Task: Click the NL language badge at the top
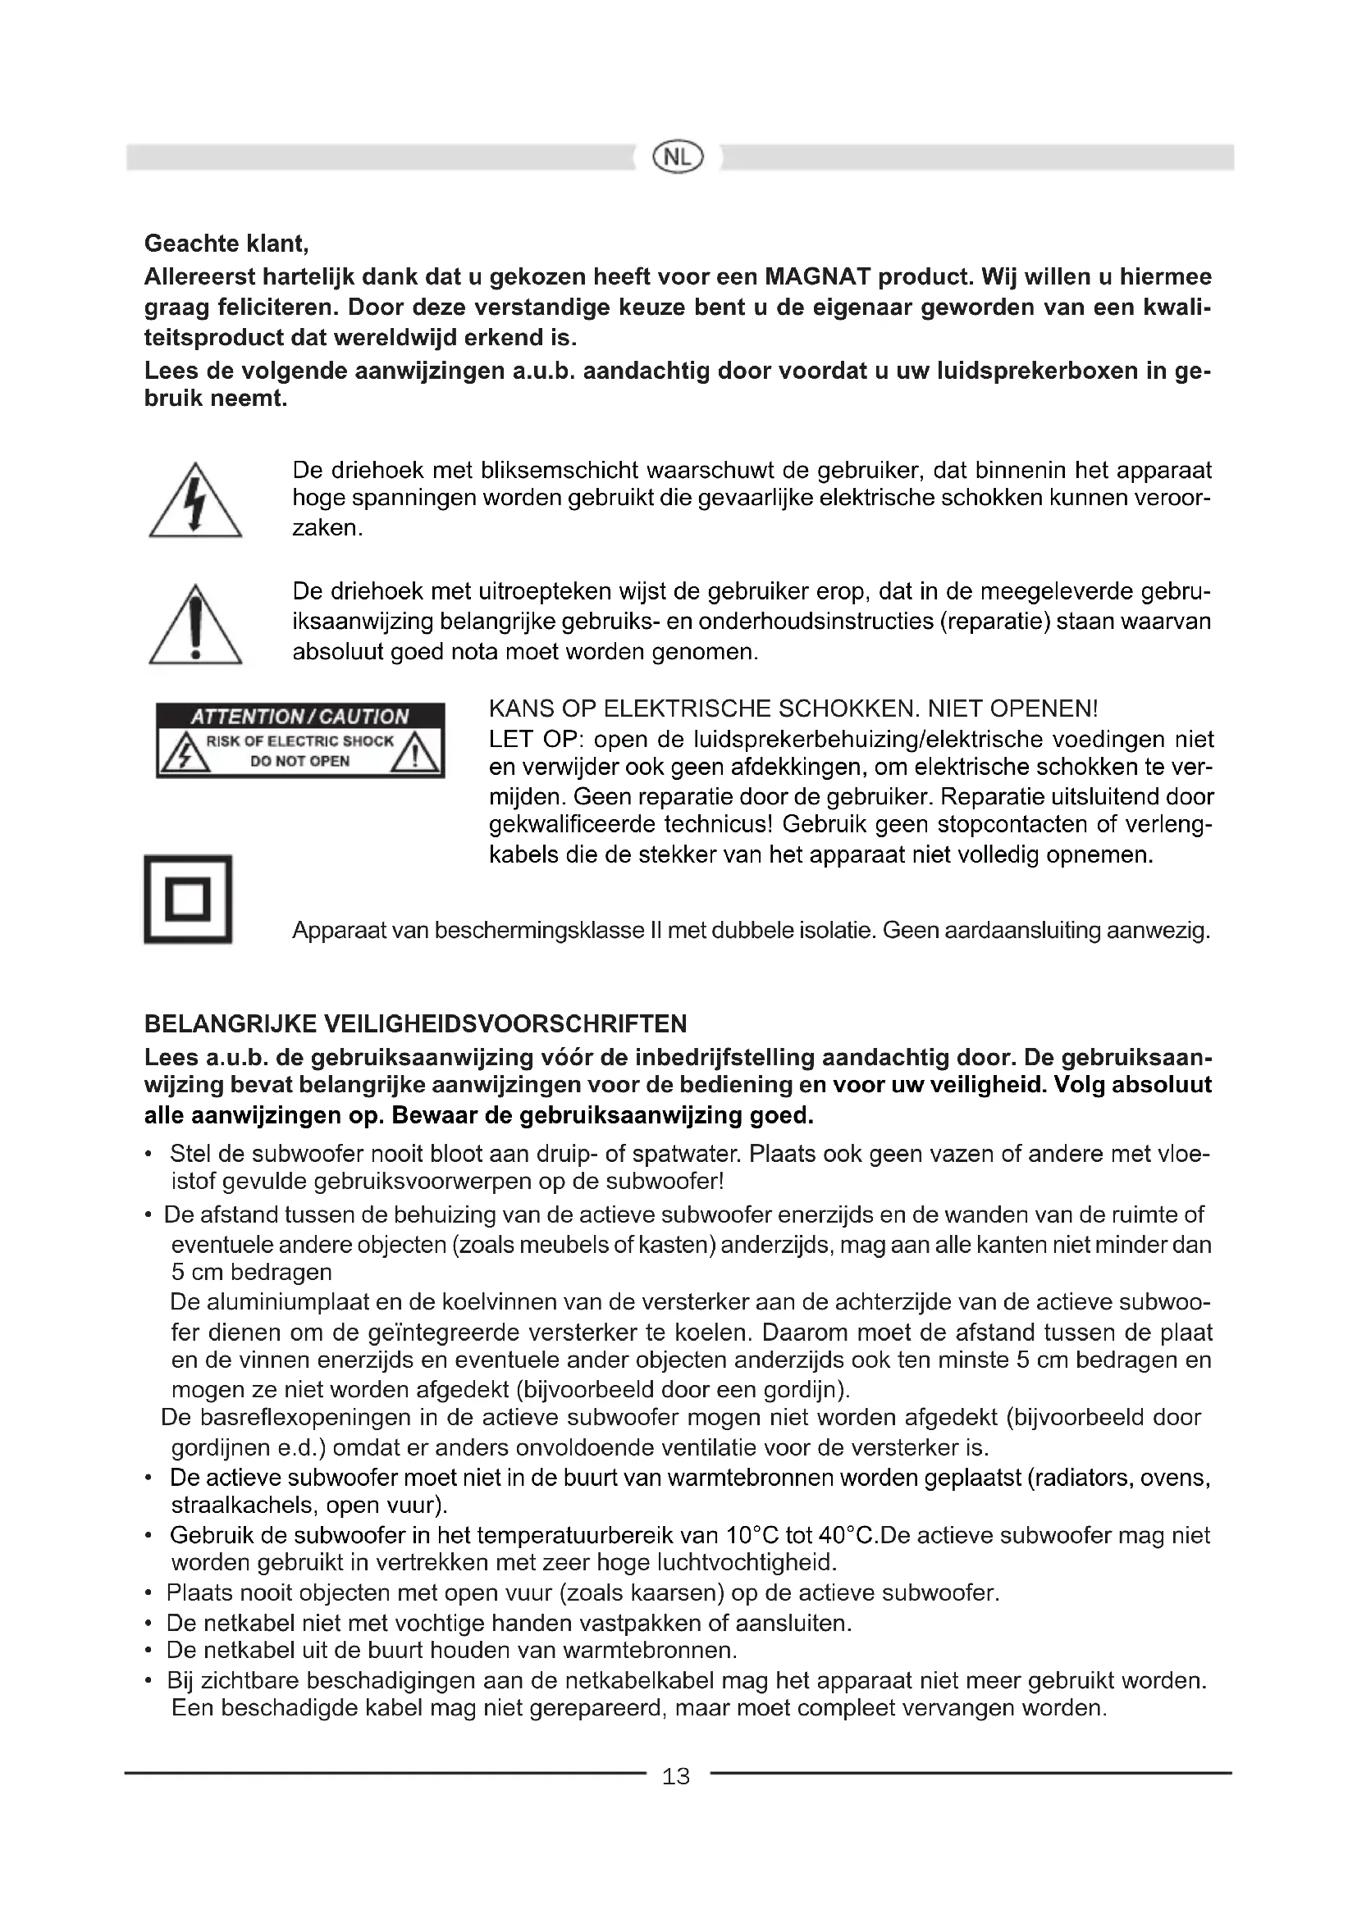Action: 678,157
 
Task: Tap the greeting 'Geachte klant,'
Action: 226,243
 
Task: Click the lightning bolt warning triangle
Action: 195,502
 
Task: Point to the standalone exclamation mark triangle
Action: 195,626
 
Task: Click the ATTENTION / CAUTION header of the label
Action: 300,716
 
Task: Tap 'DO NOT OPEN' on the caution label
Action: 300,761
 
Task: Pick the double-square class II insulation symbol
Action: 188,900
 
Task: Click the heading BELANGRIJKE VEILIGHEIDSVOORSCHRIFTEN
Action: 415,1023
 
